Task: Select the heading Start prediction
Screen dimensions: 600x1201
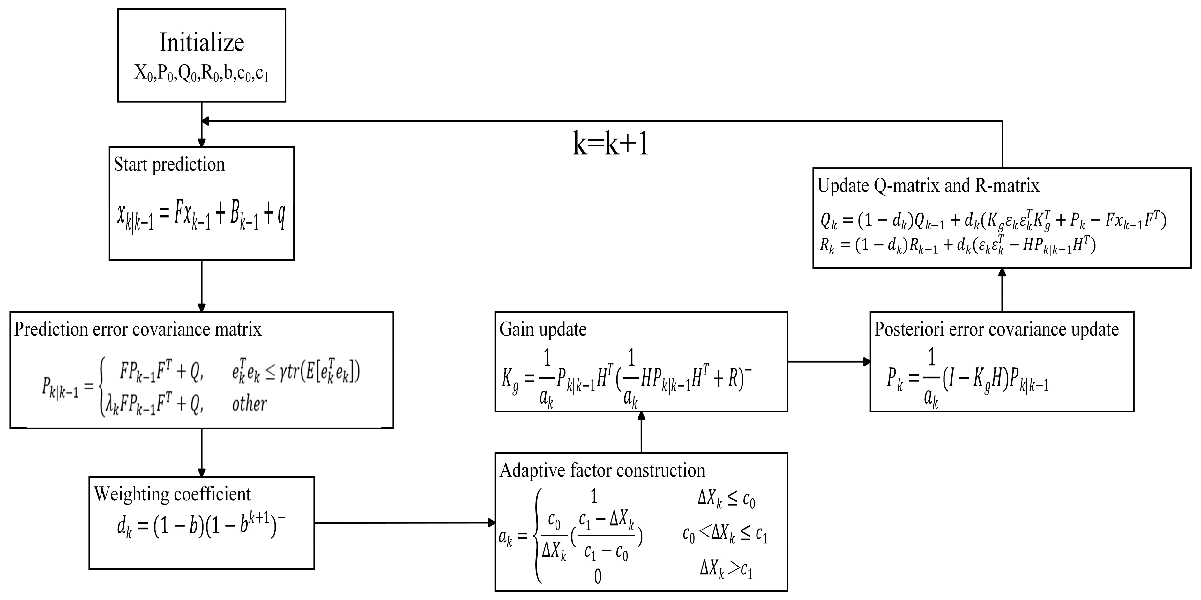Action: tap(169, 165)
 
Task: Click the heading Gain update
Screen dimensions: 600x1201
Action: tap(543, 330)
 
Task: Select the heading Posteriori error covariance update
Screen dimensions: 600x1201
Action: tap(996, 330)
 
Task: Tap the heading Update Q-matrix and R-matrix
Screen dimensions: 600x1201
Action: tap(928, 186)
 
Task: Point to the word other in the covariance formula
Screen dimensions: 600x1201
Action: tap(250, 404)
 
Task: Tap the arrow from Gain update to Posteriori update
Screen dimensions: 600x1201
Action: tap(829, 361)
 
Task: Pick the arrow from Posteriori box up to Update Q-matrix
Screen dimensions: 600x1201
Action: tap(1002, 290)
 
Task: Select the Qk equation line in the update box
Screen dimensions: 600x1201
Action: tap(993, 221)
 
